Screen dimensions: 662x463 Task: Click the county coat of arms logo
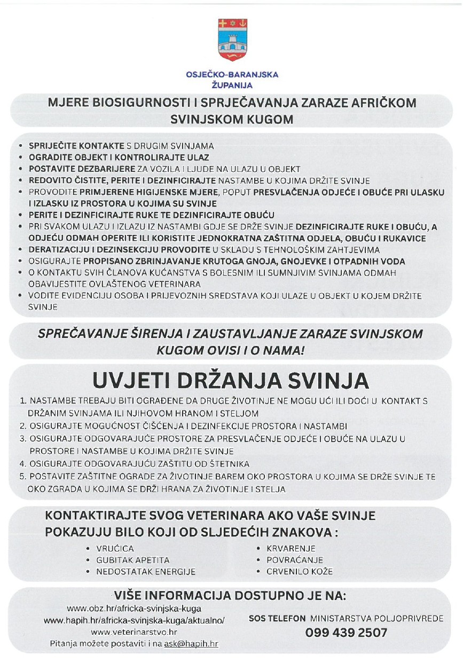(232, 40)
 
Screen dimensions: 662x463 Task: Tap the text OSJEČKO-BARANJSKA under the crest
(232, 75)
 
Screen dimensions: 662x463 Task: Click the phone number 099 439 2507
(346, 633)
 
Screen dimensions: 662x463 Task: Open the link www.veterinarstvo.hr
(134, 632)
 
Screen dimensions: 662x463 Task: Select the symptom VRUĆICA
(115, 548)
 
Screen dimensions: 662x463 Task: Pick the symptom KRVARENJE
(291, 548)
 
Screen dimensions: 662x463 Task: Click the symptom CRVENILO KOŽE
(300, 571)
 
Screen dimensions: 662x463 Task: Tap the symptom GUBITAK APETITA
(132, 560)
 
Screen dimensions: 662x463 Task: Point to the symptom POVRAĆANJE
(295, 560)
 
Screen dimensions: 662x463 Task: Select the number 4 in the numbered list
(22, 464)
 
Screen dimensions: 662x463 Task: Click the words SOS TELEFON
(277, 619)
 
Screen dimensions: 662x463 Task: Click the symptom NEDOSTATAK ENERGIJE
(145, 571)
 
